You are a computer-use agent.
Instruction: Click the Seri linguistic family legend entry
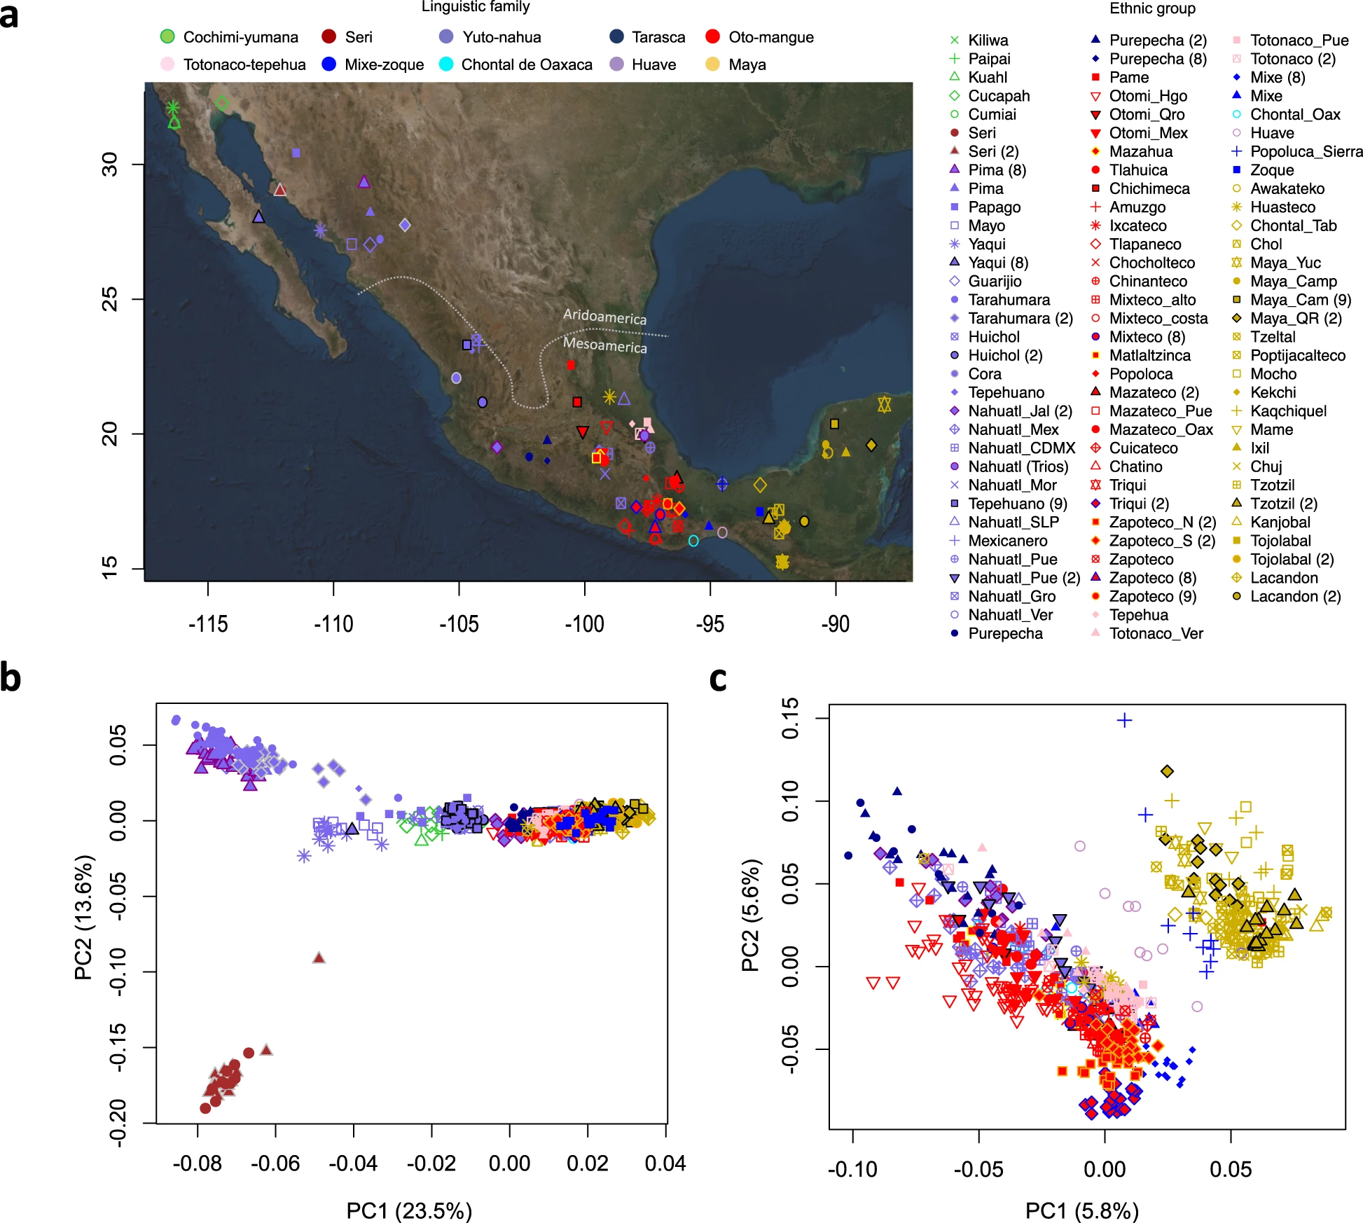(358, 37)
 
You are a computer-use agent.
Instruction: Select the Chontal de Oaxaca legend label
(526, 64)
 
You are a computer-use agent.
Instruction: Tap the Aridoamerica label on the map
(604, 317)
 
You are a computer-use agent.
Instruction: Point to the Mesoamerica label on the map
(604, 345)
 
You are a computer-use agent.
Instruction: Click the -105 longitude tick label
(459, 623)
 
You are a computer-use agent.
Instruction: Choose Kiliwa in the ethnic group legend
(988, 41)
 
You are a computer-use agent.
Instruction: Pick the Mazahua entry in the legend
(1140, 151)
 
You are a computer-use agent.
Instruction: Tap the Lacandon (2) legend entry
(1295, 596)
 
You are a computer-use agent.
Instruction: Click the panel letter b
(11, 678)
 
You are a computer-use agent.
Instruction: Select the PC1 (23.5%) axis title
(409, 1210)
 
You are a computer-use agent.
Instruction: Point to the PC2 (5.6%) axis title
(750, 915)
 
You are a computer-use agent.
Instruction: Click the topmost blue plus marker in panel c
(1124, 720)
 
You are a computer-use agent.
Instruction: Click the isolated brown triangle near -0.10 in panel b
(319, 958)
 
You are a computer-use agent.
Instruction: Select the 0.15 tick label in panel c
(789, 719)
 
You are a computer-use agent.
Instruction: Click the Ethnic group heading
(1152, 8)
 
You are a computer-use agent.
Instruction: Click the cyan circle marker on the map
(693, 541)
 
